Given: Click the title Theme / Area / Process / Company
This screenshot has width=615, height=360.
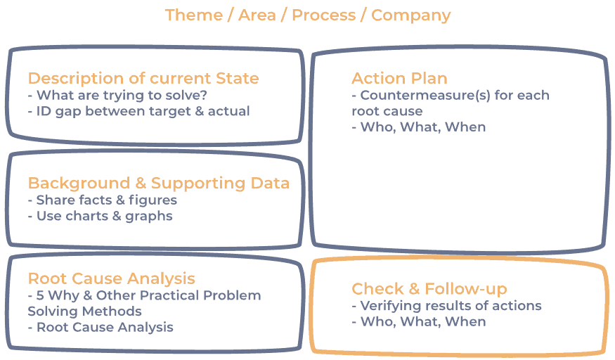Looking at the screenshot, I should coord(307,15).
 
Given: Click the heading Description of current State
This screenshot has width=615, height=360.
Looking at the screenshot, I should coord(143,78).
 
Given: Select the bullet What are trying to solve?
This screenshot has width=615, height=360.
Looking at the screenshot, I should coord(122,95).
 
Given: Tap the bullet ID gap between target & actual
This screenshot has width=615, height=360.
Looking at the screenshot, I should coord(138,111).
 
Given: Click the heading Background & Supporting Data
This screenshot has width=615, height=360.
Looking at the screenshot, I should coord(159,183).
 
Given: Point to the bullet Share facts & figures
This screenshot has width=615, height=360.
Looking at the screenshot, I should coord(103,200).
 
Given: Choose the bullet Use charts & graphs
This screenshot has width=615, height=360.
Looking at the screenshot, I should coord(101,216).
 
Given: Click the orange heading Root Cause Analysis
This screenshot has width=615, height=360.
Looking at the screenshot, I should coord(112,278).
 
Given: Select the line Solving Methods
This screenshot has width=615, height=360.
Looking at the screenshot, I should coord(84,311).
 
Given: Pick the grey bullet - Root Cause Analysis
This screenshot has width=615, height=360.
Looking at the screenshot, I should coord(101,327).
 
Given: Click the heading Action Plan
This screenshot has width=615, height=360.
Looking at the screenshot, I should coord(399,78).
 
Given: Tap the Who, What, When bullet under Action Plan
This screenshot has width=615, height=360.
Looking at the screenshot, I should coord(419,127).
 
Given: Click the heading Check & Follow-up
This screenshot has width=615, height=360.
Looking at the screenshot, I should coord(429,288).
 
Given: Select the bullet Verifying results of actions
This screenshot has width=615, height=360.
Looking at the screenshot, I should coord(446,306).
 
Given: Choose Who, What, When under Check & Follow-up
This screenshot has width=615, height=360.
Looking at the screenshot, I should coord(419,321).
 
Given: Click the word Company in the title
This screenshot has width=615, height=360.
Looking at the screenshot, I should coord(410,15).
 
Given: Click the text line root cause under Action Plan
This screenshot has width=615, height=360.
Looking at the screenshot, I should coord(387,111).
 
